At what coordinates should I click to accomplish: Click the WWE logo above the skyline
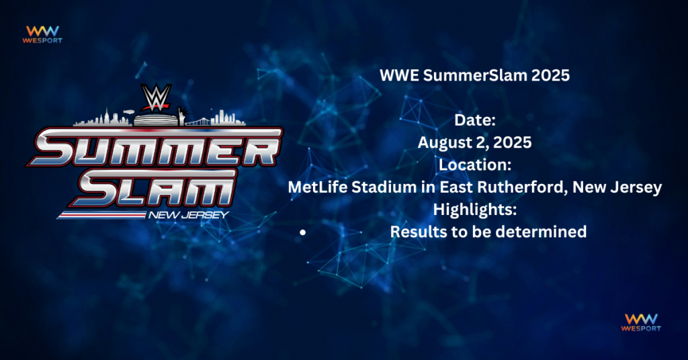pyautogui.click(x=155, y=97)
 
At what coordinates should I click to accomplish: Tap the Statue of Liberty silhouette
pyautogui.click(x=181, y=116)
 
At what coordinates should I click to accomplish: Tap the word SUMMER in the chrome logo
pyautogui.click(x=155, y=148)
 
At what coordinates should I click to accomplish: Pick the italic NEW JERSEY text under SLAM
pyautogui.click(x=189, y=215)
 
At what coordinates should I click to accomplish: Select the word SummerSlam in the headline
pyautogui.click(x=475, y=75)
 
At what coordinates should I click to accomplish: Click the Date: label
pyautogui.click(x=475, y=120)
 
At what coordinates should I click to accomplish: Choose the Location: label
pyautogui.click(x=475, y=165)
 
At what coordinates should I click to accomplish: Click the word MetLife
pyautogui.click(x=318, y=187)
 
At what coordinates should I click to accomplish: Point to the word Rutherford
pyautogui.click(x=522, y=187)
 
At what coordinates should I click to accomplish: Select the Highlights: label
pyautogui.click(x=475, y=210)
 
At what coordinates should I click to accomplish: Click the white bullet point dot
pyautogui.click(x=303, y=232)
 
